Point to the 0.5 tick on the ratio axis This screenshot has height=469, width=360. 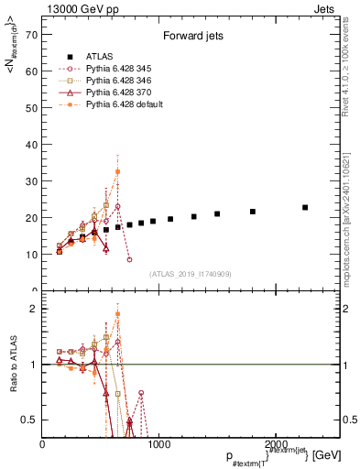pos(31,420)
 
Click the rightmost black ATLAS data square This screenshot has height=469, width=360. pos(305,208)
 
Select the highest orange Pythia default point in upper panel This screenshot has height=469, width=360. pos(117,171)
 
